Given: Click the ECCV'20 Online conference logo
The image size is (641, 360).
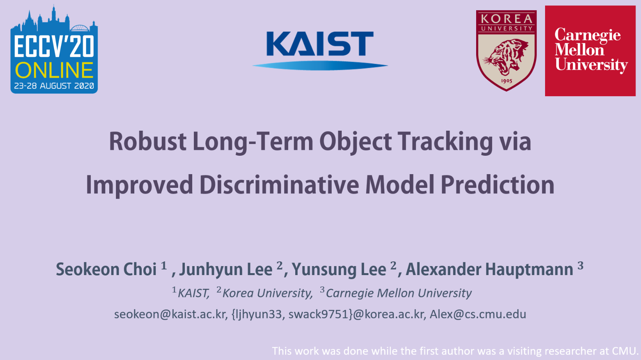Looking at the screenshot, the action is point(54,49).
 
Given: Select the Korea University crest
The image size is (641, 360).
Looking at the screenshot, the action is point(506,50).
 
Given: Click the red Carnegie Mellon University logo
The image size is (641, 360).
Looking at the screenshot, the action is point(590,50).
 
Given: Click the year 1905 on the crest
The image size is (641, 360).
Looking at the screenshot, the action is point(506,81).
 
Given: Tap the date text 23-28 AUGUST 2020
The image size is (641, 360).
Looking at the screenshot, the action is point(54,86).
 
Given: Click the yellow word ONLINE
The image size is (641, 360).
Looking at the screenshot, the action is point(54,70).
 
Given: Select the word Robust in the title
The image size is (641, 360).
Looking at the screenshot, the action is point(148,141).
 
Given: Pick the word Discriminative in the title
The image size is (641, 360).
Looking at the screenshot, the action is point(279,185).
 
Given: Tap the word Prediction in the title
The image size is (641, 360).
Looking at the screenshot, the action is point(497,185).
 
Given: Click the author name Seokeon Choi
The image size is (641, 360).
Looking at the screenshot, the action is point(106,269).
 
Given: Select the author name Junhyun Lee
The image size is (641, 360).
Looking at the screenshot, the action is point(226,269).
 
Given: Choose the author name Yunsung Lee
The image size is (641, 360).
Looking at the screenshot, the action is point(339,269).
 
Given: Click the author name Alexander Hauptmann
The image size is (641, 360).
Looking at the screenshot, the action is point(489,269).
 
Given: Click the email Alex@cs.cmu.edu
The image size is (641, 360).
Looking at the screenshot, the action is point(478,314).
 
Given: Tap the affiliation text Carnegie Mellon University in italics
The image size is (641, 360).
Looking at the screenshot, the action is point(399,293).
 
